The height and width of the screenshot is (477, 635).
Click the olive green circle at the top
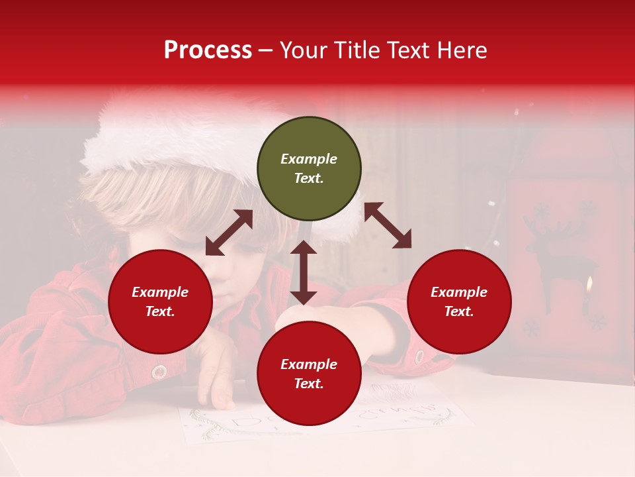click(x=309, y=169)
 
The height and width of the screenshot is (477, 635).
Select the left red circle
click(x=160, y=301)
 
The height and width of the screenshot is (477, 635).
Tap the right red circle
click(x=458, y=301)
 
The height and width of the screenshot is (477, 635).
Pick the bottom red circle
click(x=309, y=374)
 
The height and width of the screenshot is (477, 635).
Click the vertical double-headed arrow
click(x=304, y=272)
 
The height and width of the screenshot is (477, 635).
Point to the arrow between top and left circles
click(x=229, y=233)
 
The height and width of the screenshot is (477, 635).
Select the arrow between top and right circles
click(x=388, y=225)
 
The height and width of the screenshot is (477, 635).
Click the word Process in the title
click(x=208, y=50)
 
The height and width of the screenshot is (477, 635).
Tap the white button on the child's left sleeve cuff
click(x=159, y=372)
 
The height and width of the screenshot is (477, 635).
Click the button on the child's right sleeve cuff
click(x=419, y=356)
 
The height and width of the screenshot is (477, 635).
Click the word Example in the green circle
click(x=309, y=159)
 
